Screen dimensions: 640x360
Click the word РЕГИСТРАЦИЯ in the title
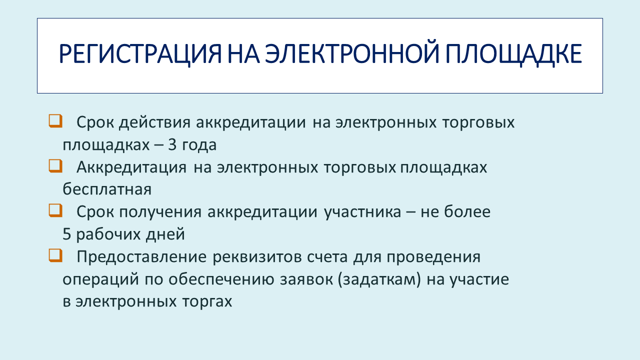point(140,53)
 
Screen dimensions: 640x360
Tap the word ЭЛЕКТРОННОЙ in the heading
point(351,53)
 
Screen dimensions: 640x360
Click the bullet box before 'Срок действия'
point(55,121)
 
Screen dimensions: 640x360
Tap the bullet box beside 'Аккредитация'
point(55,165)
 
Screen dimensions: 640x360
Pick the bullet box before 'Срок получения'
point(55,210)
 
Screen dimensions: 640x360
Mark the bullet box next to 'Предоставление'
point(55,255)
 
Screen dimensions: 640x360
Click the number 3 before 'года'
point(172,144)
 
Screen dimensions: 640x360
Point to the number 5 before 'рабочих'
point(66,234)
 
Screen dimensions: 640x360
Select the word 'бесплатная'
point(107,189)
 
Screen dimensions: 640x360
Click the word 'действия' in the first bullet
point(154,123)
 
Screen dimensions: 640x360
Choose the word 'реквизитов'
point(257,257)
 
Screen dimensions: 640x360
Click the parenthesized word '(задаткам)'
point(379,279)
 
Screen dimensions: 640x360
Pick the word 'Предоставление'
point(141,256)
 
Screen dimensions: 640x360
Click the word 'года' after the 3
point(199,145)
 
